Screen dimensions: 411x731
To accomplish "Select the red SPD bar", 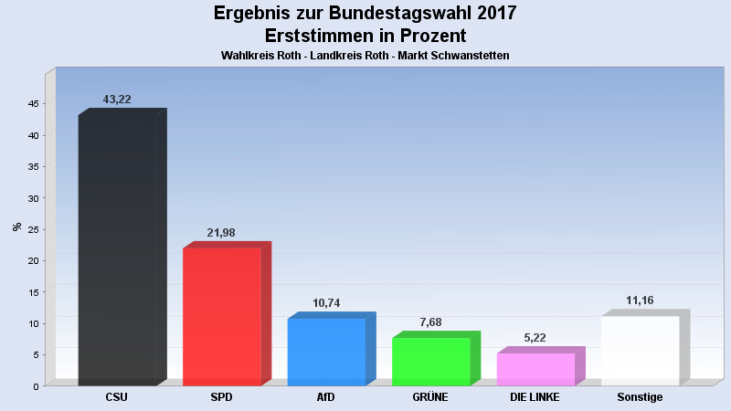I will tap(222, 316).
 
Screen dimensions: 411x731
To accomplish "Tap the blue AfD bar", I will tap(326, 352).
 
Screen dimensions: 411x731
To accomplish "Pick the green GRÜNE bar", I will tap(430, 361).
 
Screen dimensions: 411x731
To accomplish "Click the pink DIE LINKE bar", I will tap(535, 369).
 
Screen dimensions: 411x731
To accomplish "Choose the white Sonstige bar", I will tap(640, 350).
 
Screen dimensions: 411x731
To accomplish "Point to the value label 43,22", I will tap(116, 100).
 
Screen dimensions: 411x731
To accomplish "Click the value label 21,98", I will tap(221, 233).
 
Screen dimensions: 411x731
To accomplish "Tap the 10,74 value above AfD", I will tap(326, 303).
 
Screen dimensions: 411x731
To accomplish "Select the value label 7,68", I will tap(430, 322).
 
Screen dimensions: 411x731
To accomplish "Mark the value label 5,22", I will tap(535, 338).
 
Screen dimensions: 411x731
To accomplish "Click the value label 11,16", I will tap(640, 300).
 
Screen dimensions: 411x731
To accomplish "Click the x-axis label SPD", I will tap(221, 397).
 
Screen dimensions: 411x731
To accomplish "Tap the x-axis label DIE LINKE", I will tap(535, 397).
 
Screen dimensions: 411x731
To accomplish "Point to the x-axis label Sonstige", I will tap(640, 397).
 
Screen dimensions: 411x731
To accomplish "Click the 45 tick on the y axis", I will tap(32, 104).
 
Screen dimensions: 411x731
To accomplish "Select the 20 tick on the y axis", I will tap(32, 261).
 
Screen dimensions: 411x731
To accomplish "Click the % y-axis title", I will tap(16, 227).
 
